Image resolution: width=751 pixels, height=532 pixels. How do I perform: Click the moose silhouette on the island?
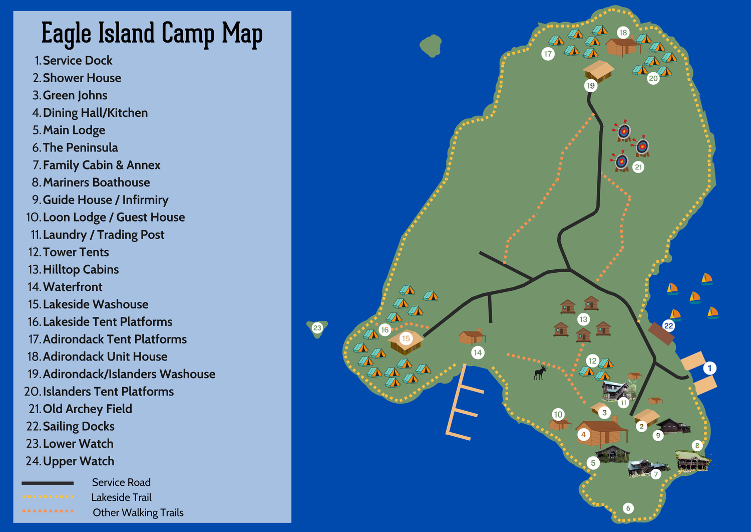tap(540, 372)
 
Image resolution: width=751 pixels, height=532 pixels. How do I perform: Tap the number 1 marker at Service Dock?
tap(709, 368)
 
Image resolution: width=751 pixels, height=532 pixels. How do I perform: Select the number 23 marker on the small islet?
tap(317, 328)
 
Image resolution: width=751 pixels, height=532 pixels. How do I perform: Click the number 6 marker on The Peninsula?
tap(628, 508)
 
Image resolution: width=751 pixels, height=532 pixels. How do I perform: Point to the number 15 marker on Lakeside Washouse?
tap(406, 338)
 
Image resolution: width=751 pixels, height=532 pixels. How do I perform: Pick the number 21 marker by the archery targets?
tap(638, 167)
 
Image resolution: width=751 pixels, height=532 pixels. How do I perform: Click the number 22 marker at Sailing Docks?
tap(668, 326)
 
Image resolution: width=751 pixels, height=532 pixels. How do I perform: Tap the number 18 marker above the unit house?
tap(623, 33)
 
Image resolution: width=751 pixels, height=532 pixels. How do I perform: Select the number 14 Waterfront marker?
tap(478, 352)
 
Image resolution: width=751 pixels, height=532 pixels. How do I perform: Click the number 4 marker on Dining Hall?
tap(583, 435)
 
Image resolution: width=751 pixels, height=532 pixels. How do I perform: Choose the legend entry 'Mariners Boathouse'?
tap(96, 183)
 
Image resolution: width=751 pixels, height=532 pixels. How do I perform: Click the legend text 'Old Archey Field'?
tap(87, 409)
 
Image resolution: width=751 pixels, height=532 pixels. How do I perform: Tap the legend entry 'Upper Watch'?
tap(78, 461)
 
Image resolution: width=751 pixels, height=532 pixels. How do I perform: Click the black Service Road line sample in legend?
tap(48, 483)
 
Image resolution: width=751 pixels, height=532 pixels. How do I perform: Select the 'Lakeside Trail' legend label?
tap(121, 497)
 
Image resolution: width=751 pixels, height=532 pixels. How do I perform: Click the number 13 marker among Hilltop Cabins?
tap(583, 319)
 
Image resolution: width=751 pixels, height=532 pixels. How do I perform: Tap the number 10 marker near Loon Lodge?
tap(558, 414)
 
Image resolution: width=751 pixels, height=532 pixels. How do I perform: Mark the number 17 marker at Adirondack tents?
tap(548, 54)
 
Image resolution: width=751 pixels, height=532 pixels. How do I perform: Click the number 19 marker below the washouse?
tap(591, 86)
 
